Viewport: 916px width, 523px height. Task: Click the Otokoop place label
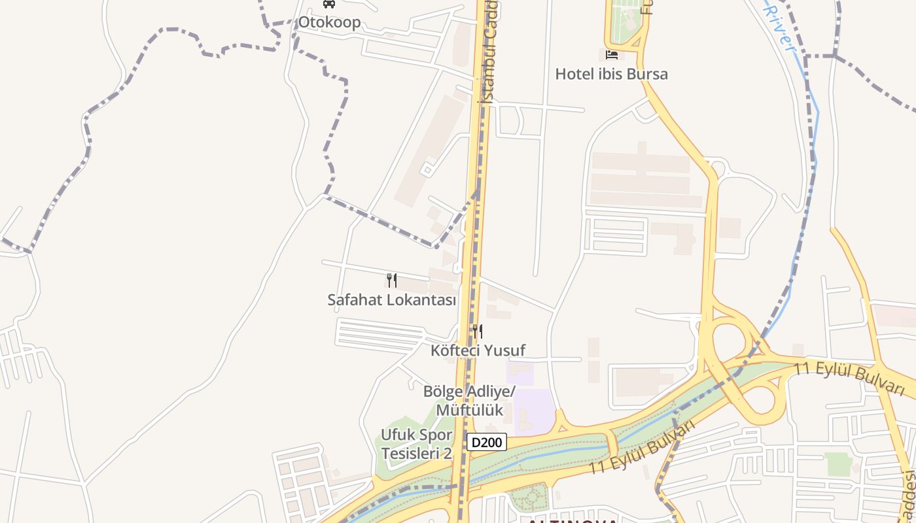[x=329, y=22]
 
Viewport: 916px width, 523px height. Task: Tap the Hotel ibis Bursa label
[x=611, y=74]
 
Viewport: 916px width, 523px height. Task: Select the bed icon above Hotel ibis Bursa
[x=611, y=54]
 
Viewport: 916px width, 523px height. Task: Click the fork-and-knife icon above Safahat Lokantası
[x=392, y=280]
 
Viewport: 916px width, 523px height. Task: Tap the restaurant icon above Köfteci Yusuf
[x=478, y=331]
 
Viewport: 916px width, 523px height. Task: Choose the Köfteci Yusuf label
[x=478, y=350]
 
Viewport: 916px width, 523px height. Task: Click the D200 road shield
[x=487, y=443]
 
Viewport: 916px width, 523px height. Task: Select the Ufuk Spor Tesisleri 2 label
[x=416, y=444]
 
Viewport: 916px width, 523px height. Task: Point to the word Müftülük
[x=469, y=410]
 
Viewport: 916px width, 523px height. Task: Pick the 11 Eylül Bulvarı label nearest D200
[x=641, y=449]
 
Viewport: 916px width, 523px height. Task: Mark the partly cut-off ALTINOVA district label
[x=572, y=520]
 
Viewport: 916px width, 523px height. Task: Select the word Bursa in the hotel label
[x=646, y=74]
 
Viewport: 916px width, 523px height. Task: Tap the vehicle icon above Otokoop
[x=329, y=4]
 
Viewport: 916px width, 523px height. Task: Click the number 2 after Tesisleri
[x=448, y=453]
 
